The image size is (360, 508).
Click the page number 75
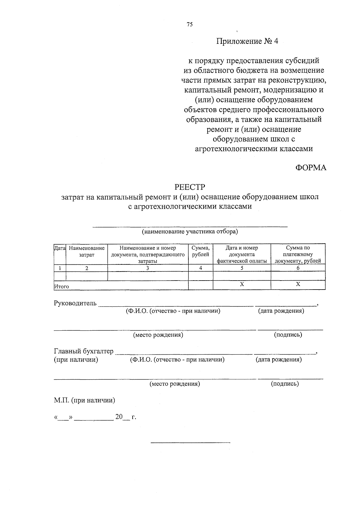point(189,25)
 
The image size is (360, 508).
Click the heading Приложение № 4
point(247,41)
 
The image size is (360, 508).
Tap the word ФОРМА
point(311,167)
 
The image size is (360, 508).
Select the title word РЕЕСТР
point(190,187)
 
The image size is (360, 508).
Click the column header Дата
point(60,248)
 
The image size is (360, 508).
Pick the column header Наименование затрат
point(87,251)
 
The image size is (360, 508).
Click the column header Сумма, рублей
point(200,251)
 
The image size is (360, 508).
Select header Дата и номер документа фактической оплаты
point(241,254)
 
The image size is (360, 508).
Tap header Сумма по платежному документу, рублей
point(298,254)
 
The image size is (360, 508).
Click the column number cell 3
point(148,268)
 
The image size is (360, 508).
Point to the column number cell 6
point(298,268)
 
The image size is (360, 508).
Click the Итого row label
point(61,287)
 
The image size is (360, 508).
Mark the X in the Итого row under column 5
point(241,284)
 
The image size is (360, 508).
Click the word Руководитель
point(75,303)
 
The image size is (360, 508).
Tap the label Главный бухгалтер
point(84,351)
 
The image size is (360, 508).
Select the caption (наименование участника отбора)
point(190,232)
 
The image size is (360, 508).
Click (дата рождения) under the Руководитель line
point(281,311)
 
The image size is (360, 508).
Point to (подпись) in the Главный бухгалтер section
point(285,383)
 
